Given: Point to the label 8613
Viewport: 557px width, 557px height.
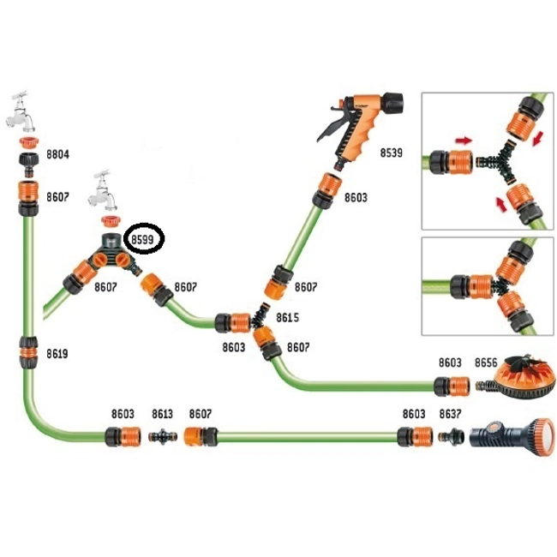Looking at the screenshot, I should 163,413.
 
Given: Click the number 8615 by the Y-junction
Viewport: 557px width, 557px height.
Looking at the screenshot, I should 288,317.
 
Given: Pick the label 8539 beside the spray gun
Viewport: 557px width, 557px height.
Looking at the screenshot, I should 393,153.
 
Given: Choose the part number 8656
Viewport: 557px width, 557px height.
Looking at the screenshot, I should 487,363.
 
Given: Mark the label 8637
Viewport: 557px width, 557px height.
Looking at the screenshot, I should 451,413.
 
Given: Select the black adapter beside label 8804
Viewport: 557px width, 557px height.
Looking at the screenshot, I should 28,162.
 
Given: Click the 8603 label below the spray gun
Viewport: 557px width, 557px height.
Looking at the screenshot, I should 356,197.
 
